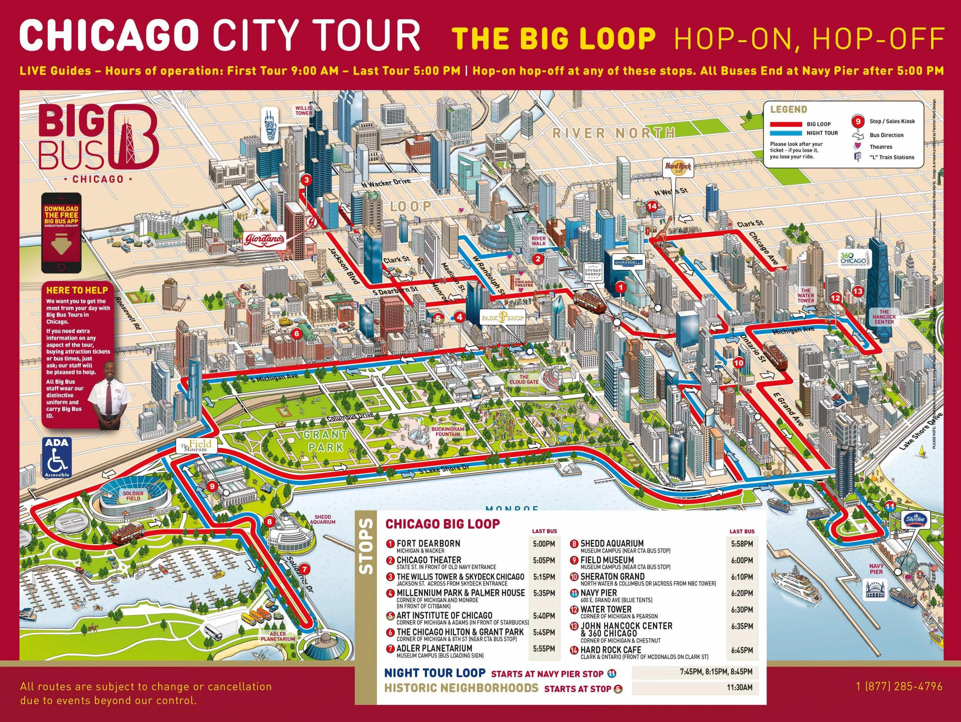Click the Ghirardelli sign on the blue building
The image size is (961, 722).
point(628,262)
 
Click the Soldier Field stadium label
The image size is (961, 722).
point(133,496)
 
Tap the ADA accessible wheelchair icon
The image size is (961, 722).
point(57,458)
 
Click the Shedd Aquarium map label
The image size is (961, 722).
point(323,519)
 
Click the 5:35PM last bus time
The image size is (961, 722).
point(544,593)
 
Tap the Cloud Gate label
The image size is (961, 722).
point(524,379)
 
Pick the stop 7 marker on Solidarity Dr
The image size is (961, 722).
point(305,569)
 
